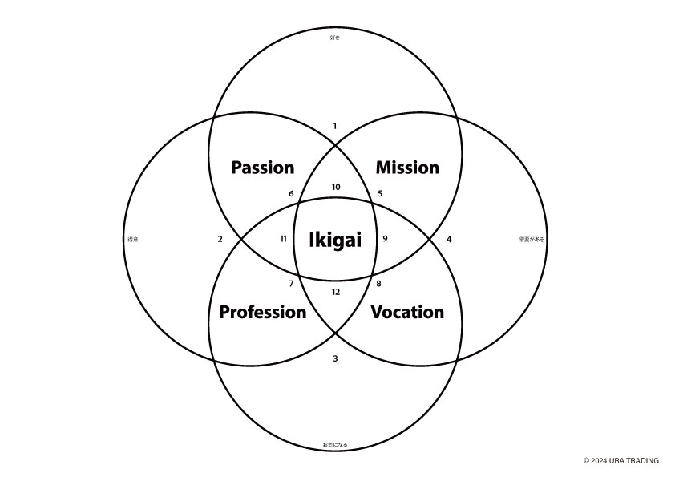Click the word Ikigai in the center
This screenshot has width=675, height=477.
pos(336,239)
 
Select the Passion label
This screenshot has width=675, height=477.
pos(262,168)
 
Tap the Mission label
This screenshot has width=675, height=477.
pos(407,168)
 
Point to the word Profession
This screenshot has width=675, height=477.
pos(262,312)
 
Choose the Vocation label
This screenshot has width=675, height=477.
pos(407,312)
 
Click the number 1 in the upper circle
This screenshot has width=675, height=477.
pos(335,126)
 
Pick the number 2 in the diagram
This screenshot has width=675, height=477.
pos(220,239)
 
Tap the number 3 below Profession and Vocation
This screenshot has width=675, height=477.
pos(335,358)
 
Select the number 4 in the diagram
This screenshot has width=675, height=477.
pos(449,239)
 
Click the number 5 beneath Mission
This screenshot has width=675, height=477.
pos(380,193)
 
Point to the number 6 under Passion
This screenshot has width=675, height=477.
pos(291,193)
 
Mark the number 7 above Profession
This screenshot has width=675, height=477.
pos(291,284)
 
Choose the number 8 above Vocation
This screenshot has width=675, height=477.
pos(378,284)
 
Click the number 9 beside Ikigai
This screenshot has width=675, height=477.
pos(385,239)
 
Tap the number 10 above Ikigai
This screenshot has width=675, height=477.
pos(336,187)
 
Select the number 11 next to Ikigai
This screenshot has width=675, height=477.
pos(283,239)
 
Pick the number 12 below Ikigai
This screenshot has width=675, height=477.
pos(336,292)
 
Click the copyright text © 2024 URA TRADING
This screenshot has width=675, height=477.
pos(621,461)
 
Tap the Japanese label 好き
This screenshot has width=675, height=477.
pos(335,38)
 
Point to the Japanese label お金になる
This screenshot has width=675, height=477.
pos(335,444)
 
